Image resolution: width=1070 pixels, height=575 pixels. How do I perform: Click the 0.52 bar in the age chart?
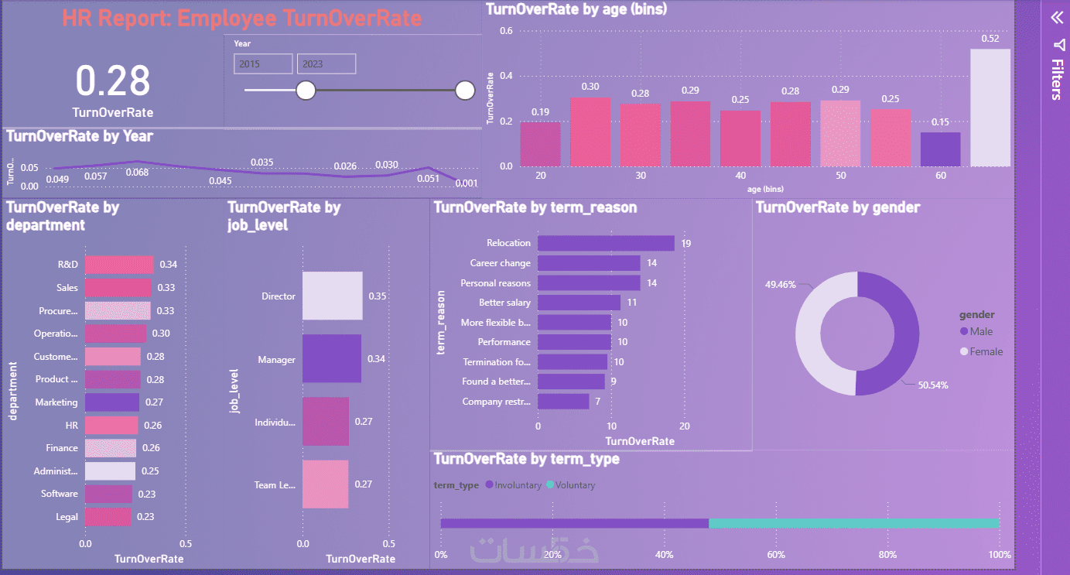pyautogui.click(x=990, y=108)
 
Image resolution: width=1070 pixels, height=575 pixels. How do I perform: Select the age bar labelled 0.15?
pyautogui.click(x=940, y=149)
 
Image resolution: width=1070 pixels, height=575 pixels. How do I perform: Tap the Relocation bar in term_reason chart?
pyautogui.click(x=606, y=243)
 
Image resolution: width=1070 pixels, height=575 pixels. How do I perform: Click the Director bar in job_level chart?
pyautogui.click(x=332, y=296)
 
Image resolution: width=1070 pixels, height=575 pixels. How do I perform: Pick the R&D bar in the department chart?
pyautogui.click(x=118, y=265)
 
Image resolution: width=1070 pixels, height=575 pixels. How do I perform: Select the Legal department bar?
pyautogui.click(x=108, y=516)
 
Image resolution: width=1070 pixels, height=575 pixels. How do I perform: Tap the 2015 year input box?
pyautogui.click(x=263, y=64)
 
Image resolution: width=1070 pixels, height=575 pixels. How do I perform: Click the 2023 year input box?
pyautogui.click(x=326, y=64)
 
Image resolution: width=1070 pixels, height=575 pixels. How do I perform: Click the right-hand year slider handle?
pyautogui.click(x=465, y=91)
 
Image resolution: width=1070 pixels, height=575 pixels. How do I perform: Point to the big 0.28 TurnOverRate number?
pyautogui.click(x=113, y=81)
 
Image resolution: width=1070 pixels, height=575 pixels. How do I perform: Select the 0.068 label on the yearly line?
pyautogui.click(x=138, y=172)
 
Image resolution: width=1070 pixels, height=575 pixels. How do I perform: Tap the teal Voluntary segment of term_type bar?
pyautogui.click(x=853, y=523)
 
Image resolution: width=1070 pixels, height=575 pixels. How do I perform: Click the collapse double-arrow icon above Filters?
pyautogui.click(x=1056, y=18)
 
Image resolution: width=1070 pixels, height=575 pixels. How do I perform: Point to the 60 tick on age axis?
pyautogui.click(x=941, y=176)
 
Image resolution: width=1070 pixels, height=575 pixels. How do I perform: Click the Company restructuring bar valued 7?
pyautogui.click(x=563, y=402)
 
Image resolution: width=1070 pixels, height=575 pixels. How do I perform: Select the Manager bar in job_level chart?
pyautogui.click(x=331, y=358)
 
